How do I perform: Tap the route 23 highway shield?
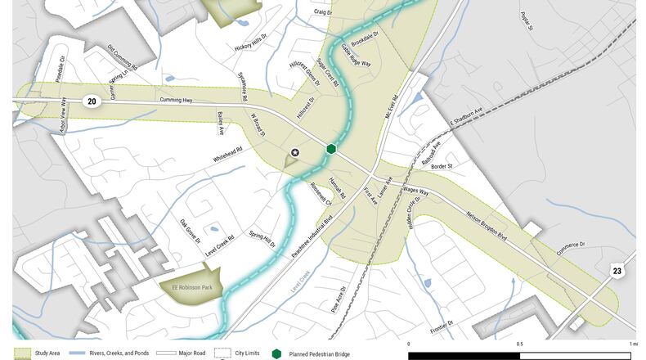[618, 269]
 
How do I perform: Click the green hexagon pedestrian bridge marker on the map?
[331, 149]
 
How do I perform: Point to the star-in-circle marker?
[295, 152]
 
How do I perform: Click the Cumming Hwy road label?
[175, 101]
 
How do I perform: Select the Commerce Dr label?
[572, 250]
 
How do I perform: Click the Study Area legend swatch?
[22, 353]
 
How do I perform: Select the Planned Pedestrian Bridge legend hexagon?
[276, 353]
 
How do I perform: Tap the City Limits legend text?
[246, 353]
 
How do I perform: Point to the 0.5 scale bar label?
[520, 344]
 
